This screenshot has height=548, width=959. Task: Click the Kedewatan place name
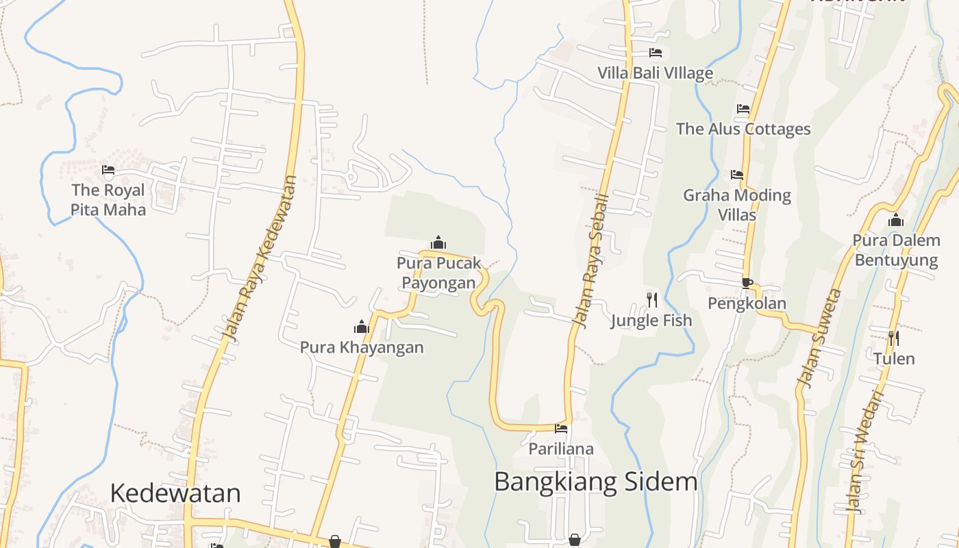(175, 493)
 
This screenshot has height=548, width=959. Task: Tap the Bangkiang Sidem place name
(595, 482)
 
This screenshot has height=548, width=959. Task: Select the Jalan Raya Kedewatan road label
(261, 260)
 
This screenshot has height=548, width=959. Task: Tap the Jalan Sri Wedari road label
(865, 452)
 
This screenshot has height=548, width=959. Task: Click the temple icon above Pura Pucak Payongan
(438, 242)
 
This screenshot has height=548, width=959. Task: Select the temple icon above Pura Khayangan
(362, 327)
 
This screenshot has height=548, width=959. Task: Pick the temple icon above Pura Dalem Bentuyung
(896, 220)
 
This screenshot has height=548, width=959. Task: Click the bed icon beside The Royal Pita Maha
(108, 169)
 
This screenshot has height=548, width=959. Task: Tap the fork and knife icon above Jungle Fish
(651, 299)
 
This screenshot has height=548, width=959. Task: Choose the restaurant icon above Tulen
(893, 338)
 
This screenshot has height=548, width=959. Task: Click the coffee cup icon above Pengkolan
(747, 283)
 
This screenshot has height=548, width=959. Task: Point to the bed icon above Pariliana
(561, 429)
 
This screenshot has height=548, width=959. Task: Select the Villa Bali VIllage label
(655, 73)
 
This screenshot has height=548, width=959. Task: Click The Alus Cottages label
(743, 129)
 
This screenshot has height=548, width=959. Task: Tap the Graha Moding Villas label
(737, 205)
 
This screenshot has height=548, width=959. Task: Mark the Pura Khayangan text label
(362, 347)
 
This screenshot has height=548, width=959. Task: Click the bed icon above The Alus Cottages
(743, 109)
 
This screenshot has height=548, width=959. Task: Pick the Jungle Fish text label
(651, 320)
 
